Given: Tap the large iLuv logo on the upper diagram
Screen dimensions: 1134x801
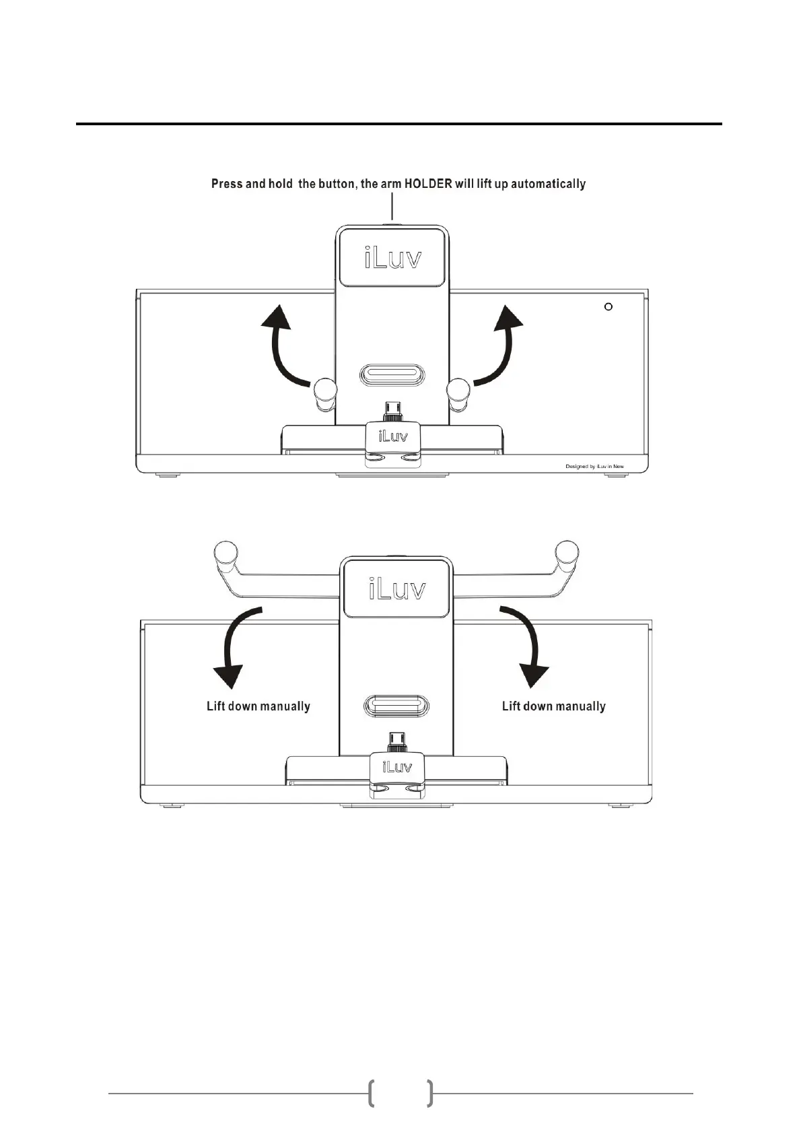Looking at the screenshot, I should (x=393, y=257).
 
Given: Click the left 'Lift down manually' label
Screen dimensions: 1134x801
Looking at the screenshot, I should (x=258, y=706).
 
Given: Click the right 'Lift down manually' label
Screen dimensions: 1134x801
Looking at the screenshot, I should (x=554, y=706).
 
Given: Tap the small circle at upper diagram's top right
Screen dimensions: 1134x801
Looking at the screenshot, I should (x=608, y=307).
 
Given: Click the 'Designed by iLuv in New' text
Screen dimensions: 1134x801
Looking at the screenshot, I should (x=594, y=466).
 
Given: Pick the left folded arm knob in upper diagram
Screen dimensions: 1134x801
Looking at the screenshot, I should (x=324, y=391).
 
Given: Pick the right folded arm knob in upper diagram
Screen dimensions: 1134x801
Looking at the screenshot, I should (x=460, y=391).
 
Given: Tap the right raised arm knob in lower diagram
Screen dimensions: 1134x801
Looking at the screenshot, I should (x=567, y=554).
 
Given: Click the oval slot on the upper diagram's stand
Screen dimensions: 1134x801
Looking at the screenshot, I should (x=393, y=374).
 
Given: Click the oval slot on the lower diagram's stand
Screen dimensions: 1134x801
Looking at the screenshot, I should (x=396, y=706).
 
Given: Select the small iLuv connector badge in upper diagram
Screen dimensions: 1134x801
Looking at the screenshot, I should (x=392, y=436).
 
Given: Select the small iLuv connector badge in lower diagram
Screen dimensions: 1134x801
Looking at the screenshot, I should (x=397, y=767).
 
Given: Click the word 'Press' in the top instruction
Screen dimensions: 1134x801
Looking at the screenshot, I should (x=227, y=184).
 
